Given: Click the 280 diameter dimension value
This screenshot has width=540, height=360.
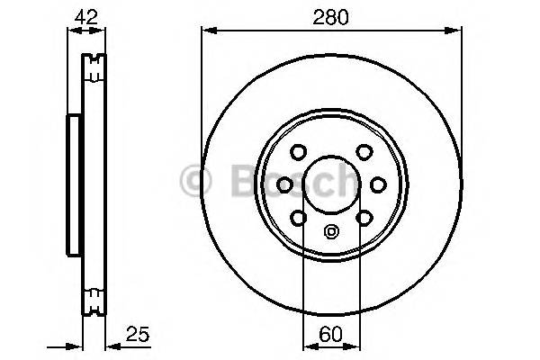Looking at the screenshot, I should pyautogui.click(x=330, y=14).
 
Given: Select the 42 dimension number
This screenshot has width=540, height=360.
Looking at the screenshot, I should pyautogui.click(x=86, y=14).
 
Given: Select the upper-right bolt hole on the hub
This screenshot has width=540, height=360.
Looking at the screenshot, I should pyautogui.click(x=363, y=152).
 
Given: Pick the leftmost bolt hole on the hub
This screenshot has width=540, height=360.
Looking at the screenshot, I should pyautogui.click(x=284, y=184).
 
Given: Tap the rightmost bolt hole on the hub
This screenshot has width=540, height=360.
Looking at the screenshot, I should pyautogui.click(x=379, y=184).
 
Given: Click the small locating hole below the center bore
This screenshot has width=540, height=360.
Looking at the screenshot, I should pyautogui.click(x=331, y=230).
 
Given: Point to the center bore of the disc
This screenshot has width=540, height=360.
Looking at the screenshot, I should pyautogui.click(x=331, y=184).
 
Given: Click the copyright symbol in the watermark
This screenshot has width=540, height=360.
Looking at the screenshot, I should pyautogui.click(x=194, y=180).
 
